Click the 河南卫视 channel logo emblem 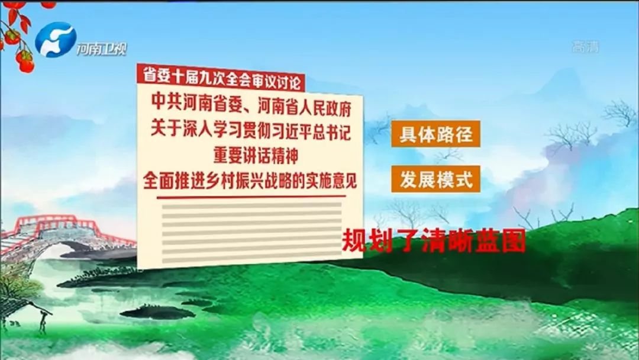[x=56, y=40]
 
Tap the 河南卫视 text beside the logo [x=102, y=49]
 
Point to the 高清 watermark [x=585, y=47]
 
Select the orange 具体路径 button [x=435, y=134]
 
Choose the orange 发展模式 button [x=435, y=179]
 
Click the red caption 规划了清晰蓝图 [x=433, y=242]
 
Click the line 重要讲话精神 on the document [x=256, y=155]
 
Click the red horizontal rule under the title [x=251, y=198]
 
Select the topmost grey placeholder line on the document [x=251, y=207]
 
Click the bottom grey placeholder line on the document [x=251, y=259]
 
